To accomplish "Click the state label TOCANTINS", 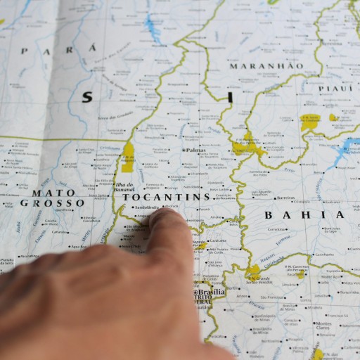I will (167, 198).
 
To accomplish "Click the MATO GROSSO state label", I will (53, 198).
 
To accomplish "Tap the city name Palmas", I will (195, 150).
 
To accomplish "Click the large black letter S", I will (86, 98).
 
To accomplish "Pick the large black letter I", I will (229, 97).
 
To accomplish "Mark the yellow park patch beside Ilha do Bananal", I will (128, 156).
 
